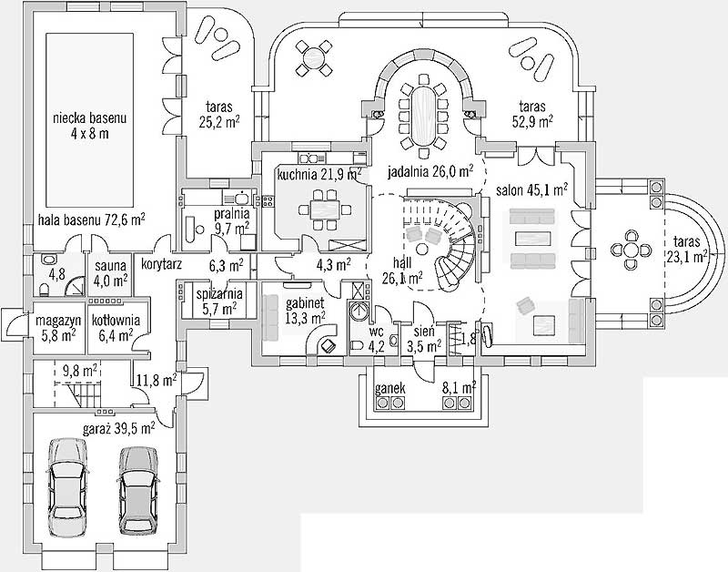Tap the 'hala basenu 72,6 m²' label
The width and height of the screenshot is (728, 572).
click(x=92, y=219)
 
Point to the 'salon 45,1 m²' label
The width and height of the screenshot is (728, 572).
click(x=532, y=190)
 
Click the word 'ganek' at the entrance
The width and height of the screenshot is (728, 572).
click(x=390, y=388)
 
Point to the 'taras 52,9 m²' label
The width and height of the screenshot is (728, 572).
click(x=536, y=113)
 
